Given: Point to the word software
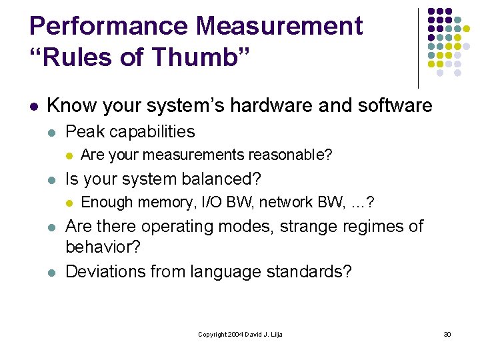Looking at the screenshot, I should point(387,105).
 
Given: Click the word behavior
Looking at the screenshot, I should point(102,248).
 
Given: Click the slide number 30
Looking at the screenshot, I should point(447,334).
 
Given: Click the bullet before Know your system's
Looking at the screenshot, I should point(33,106).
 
